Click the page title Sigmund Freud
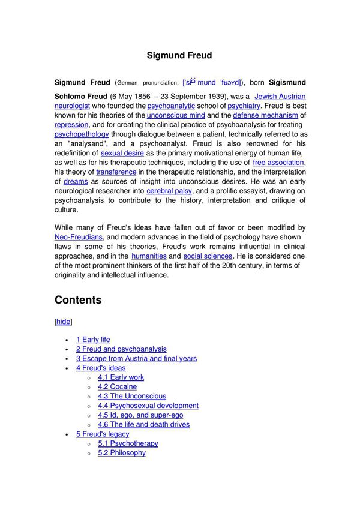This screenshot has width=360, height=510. (x=179, y=55)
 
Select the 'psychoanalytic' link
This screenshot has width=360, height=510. (x=171, y=106)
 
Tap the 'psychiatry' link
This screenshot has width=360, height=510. (x=244, y=106)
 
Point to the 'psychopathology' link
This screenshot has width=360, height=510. (x=82, y=134)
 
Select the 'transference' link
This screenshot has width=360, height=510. (x=116, y=172)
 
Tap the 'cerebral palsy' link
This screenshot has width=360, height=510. (x=169, y=191)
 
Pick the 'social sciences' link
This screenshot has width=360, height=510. (x=208, y=256)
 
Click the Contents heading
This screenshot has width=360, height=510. (x=78, y=300)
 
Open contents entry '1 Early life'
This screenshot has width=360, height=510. (x=93, y=340)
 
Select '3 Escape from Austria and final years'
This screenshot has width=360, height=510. (x=136, y=359)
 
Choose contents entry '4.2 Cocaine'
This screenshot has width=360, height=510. (x=117, y=387)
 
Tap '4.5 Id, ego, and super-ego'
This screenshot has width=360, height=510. (x=140, y=415)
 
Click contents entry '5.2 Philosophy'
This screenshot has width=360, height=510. (x=122, y=453)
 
